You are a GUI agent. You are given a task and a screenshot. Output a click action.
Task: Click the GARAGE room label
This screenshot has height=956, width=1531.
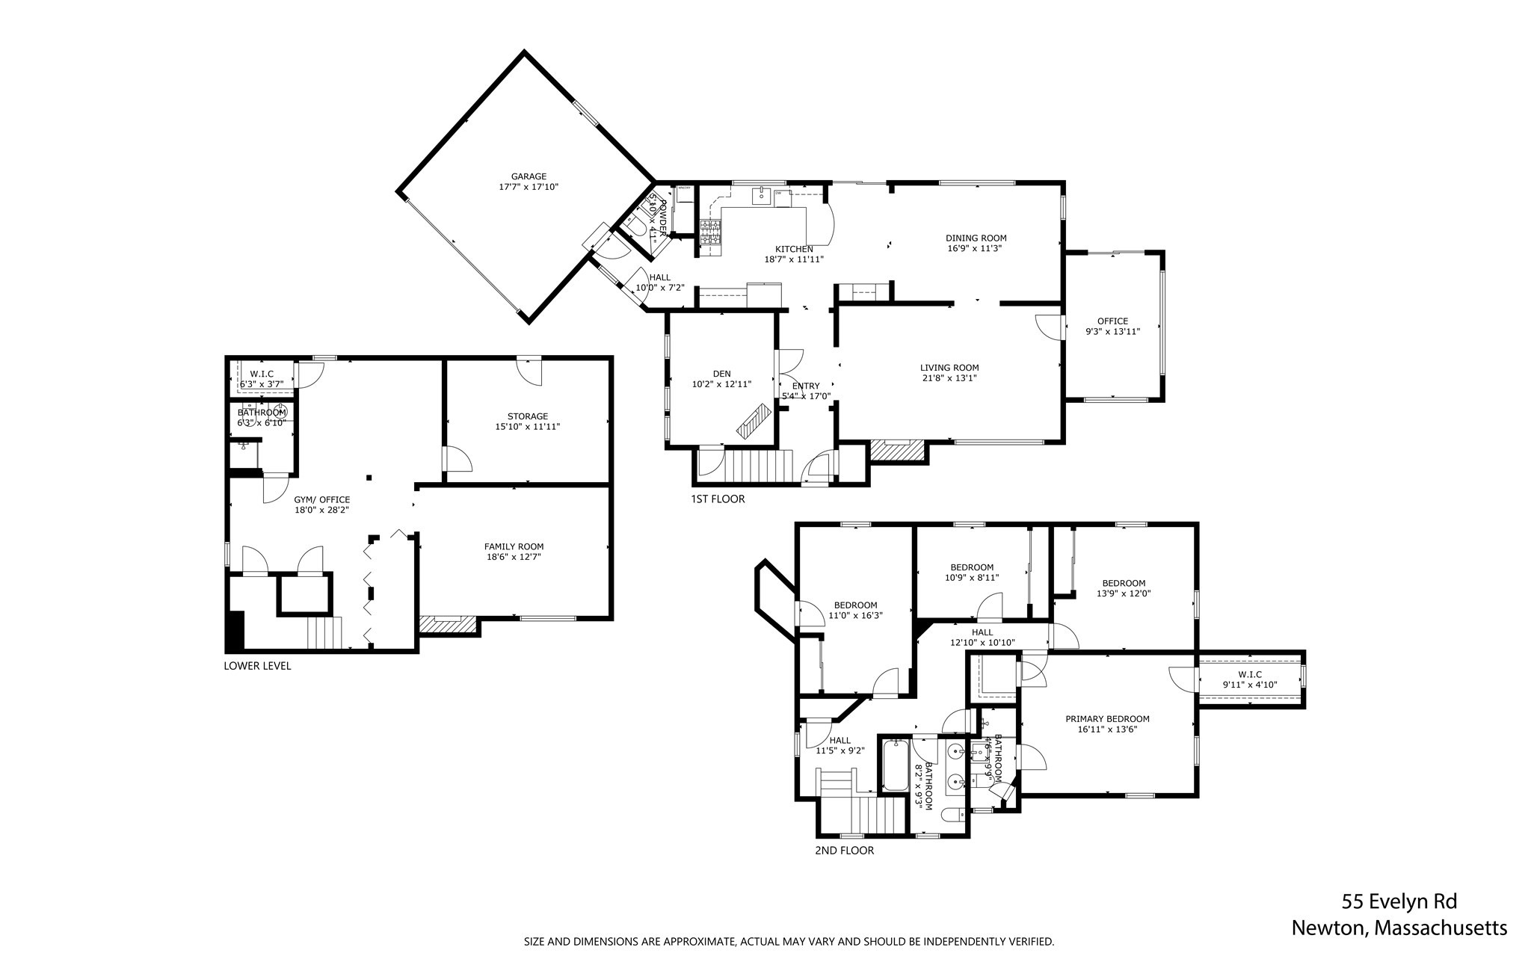point(529,176)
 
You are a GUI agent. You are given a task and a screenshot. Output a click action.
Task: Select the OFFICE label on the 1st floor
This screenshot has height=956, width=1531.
point(1112,321)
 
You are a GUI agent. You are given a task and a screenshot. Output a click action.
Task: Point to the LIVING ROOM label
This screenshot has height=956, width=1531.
point(949,368)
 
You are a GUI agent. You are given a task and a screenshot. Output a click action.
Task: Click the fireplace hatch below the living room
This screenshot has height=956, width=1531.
point(897,451)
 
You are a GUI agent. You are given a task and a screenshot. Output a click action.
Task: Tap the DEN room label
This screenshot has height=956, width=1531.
point(721,374)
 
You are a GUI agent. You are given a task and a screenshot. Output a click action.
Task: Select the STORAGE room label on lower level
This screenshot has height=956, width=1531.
point(527,416)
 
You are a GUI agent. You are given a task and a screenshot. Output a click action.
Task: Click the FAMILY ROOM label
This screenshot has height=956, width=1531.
point(514,546)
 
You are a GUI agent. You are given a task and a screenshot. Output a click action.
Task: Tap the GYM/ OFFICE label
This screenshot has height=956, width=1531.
point(321,500)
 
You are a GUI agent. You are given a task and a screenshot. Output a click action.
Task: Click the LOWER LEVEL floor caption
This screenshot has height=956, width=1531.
point(257,666)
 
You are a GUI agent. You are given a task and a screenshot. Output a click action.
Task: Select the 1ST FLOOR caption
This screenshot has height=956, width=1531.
point(718,499)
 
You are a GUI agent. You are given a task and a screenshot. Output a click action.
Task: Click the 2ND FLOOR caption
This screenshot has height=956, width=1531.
point(844,851)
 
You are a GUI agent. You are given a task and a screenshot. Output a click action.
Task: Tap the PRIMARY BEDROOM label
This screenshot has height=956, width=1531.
point(1107,719)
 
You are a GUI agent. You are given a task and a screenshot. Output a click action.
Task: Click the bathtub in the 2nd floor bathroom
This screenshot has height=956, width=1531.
point(895,765)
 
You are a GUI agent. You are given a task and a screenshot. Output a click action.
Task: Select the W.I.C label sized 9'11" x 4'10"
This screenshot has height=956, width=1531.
point(1249,674)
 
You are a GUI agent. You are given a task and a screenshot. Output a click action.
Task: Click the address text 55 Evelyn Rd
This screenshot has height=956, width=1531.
point(1399,901)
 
